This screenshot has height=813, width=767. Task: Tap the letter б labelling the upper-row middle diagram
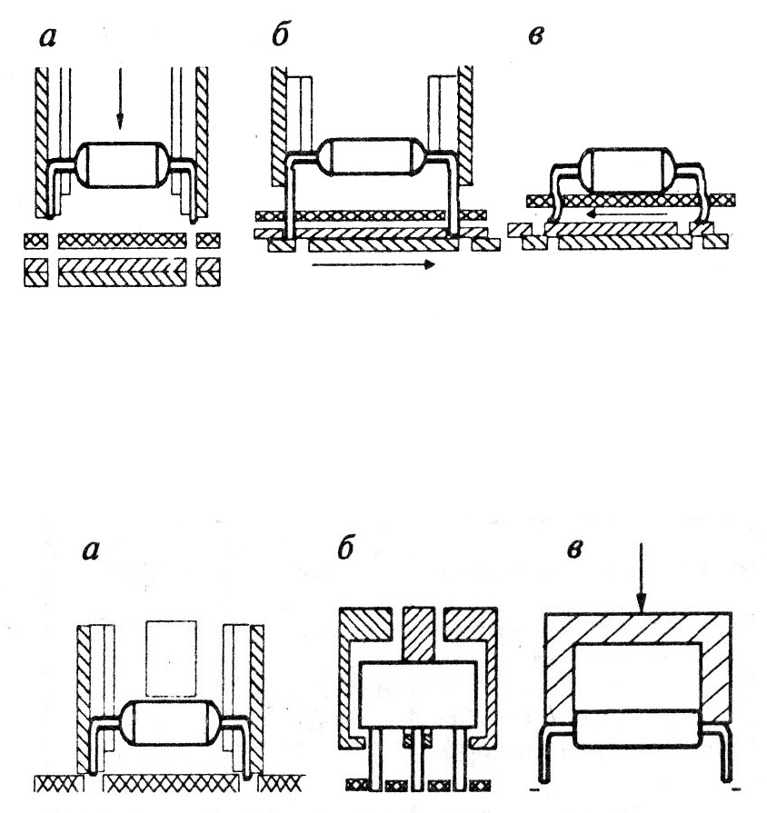pyautogui.click(x=281, y=35)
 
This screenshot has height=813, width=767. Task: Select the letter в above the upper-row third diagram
pyautogui.click(x=535, y=36)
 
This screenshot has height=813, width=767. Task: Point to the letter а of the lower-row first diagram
pyautogui.click(x=90, y=551)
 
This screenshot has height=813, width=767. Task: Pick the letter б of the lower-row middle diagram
pyautogui.click(x=346, y=549)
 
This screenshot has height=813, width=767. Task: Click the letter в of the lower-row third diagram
pyautogui.click(x=574, y=550)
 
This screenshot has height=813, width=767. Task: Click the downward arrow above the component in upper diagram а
pyautogui.click(x=120, y=97)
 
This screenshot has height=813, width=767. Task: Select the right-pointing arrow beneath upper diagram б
pyautogui.click(x=374, y=264)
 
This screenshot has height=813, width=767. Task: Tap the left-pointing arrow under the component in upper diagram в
pyautogui.click(x=626, y=213)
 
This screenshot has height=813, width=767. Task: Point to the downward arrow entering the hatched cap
pyautogui.click(x=642, y=578)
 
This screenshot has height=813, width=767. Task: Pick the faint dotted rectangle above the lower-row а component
pyautogui.click(x=171, y=659)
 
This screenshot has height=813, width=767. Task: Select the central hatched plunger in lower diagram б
pyautogui.click(x=418, y=635)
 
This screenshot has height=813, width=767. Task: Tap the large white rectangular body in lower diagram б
pyautogui.click(x=418, y=695)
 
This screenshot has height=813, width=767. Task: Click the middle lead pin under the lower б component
pyautogui.click(x=417, y=759)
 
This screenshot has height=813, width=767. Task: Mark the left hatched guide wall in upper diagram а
pyautogui.click(x=42, y=142)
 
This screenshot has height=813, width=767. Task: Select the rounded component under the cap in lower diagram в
pyautogui.click(x=637, y=729)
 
